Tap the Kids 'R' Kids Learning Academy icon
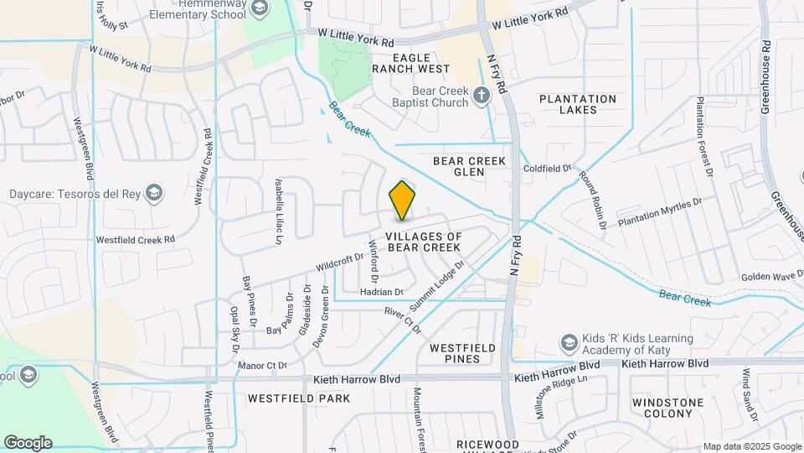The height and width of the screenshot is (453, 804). click(569, 343)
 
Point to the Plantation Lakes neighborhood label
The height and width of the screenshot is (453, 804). click(578, 104)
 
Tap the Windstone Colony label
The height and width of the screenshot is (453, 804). click(667, 409)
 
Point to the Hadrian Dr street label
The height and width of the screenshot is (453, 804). click(381, 292)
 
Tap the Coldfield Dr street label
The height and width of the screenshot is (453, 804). click(547, 168)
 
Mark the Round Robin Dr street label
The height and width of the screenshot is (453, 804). click(592, 202)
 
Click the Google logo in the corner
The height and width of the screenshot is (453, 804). click(28, 442)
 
